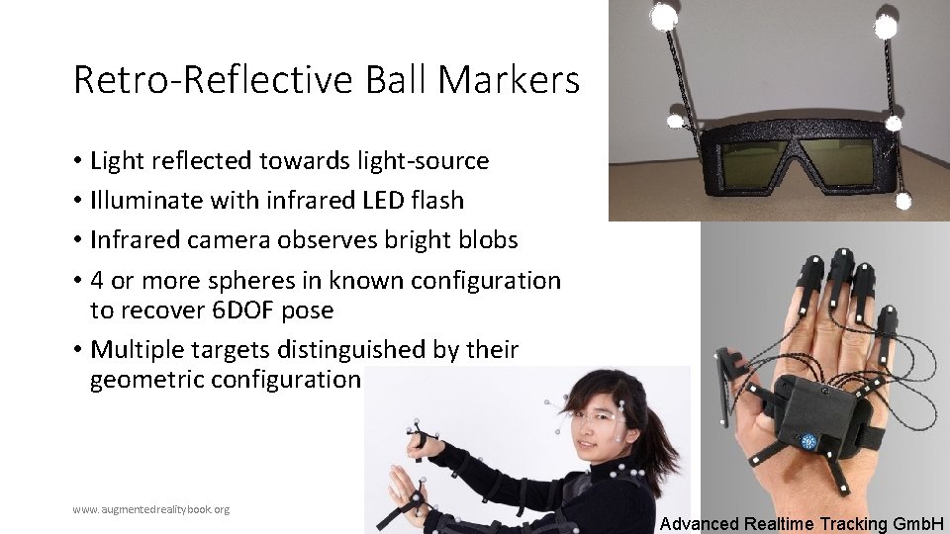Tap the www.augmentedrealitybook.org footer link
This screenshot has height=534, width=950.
[150, 509]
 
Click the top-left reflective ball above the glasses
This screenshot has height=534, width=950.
[663, 15]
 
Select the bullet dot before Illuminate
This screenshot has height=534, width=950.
[76, 201]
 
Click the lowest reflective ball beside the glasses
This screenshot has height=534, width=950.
[903, 201]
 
